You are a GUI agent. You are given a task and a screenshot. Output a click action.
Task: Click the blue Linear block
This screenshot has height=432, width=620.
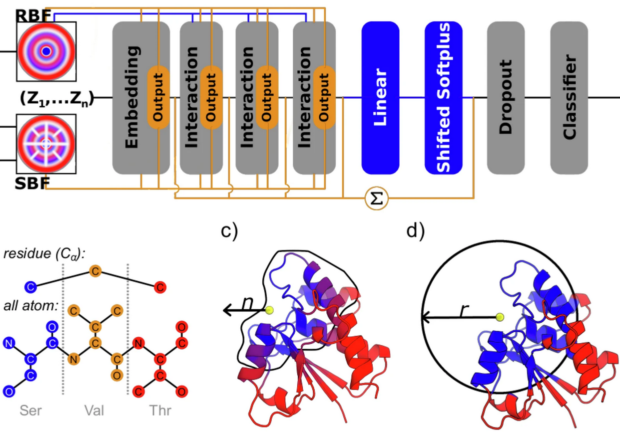[380, 98]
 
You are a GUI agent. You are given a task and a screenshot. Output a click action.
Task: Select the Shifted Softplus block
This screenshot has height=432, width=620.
[443, 98]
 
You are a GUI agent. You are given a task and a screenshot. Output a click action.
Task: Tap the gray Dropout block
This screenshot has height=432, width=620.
[506, 98]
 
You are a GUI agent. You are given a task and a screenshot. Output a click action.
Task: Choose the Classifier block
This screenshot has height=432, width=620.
[569, 98]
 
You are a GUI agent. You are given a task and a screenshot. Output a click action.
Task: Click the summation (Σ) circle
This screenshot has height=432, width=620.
[376, 199]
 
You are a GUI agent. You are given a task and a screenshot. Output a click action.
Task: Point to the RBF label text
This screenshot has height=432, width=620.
[32, 15]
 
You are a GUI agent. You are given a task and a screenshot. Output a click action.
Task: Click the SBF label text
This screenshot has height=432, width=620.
[32, 183]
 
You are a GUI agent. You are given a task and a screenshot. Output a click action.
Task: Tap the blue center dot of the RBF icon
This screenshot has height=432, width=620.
[46, 51]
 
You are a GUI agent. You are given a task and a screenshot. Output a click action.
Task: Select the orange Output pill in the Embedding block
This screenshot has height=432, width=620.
[158, 98]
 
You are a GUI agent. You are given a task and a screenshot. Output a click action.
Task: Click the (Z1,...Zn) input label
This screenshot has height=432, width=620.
[56, 98]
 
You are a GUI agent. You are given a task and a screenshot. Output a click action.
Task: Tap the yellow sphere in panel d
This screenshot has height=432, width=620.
[500, 317]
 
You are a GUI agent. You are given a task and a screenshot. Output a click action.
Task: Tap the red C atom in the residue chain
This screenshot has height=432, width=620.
[159, 287]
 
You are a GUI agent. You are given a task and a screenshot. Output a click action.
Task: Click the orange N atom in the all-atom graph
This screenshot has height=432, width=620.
[73, 359]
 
